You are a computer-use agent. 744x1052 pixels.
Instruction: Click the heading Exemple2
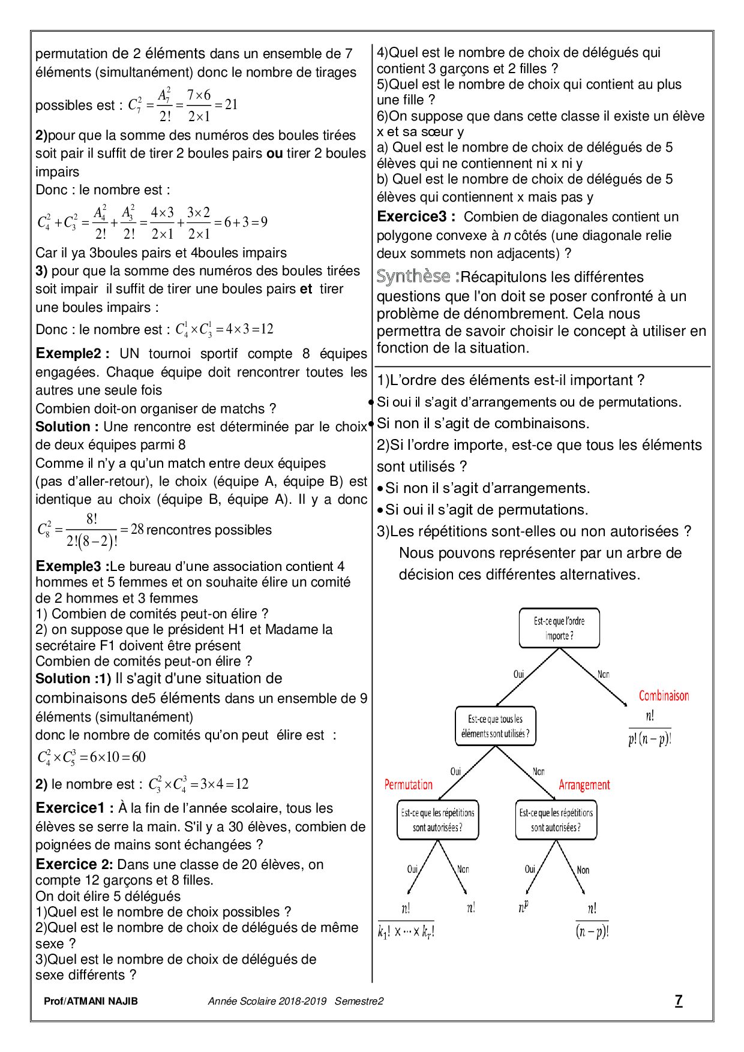(x=72, y=353)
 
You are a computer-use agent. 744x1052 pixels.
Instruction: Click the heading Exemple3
(x=73, y=566)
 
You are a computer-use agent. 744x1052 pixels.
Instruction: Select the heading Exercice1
(x=74, y=808)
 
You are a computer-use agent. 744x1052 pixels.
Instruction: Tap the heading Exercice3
(x=416, y=217)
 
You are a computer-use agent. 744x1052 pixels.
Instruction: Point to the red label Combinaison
(x=664, y=696)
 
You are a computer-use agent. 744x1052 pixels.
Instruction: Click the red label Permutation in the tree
(x=408, y=785)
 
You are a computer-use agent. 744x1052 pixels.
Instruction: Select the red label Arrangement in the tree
(x=584, y=785)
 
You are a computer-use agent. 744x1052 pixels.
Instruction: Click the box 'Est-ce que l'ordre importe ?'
(x=559, y=628)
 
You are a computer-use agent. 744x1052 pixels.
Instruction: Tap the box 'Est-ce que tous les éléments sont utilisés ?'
(x=495, y=726)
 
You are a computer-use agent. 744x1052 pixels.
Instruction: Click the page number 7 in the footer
(x=679, y=1000)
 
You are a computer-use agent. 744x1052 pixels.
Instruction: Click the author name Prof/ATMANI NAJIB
(x=91, y=1001)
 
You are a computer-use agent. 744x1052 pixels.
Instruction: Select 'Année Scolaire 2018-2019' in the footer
(x=267, y=1001)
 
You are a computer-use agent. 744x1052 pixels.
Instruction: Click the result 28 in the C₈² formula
(x=137, y=529)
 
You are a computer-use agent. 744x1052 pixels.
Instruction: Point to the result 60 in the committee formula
(x=139, y=757)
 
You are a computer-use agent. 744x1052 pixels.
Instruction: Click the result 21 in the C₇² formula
(x=231, y=104)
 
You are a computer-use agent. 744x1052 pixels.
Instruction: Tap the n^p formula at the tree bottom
(x=523, y=907)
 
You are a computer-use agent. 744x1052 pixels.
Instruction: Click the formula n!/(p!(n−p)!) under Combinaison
(x=650, y=728)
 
